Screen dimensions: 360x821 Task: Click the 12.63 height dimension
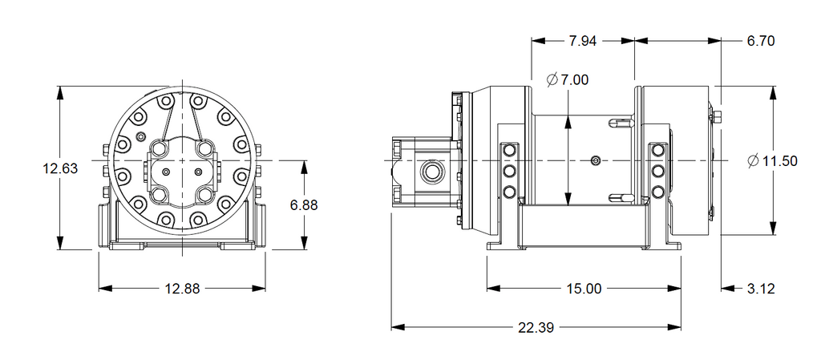60,168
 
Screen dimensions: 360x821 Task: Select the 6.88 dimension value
304,204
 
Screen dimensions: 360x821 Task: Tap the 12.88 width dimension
182,289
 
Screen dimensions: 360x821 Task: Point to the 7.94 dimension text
583,41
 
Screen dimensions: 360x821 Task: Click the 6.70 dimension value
760,41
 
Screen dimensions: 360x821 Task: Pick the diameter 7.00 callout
567,79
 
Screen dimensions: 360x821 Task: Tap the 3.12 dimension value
760,289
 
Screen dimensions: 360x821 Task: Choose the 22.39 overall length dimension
536,327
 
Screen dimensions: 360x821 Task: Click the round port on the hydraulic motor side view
432,171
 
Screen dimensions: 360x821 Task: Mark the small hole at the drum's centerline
594,161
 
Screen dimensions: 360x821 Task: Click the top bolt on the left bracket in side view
508,151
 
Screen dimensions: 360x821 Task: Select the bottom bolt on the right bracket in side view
658,191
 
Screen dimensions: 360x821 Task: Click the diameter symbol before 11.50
753,161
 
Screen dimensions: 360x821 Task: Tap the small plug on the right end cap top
715,119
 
